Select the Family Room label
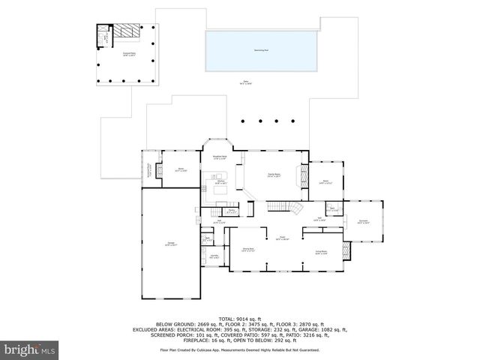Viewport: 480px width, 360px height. pos(274,174)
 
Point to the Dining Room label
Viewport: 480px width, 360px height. pos(246,248)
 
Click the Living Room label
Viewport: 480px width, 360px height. pos(320,253)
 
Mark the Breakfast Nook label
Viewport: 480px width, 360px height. pos(220,157)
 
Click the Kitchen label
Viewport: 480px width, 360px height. pos(221,182)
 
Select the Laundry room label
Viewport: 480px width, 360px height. pos(214,256)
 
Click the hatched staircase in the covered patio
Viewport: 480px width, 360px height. pos(127,32)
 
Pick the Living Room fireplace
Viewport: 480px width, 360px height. pos(344,250)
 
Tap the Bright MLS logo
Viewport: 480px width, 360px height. pos(30,349)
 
